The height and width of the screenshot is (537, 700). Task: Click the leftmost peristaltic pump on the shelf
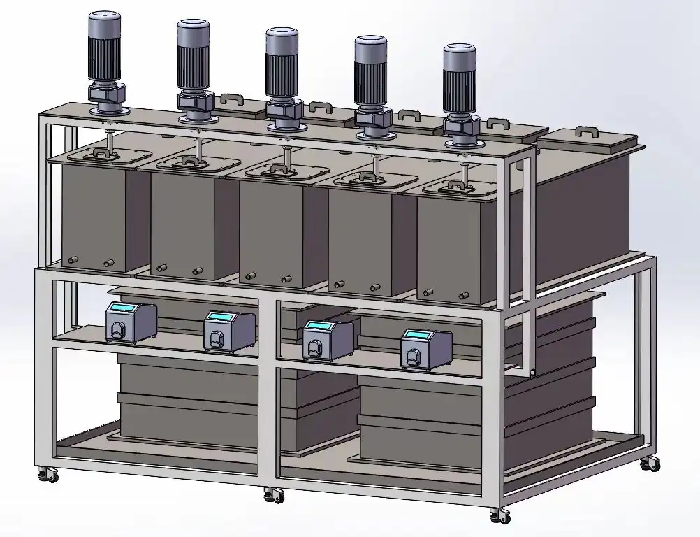129,322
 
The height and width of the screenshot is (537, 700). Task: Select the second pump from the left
228,331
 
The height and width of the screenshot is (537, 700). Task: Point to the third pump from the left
327,340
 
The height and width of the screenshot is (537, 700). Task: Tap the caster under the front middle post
274,495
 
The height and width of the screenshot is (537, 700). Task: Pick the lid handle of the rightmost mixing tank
456,185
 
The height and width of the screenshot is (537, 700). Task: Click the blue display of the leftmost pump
123,310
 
